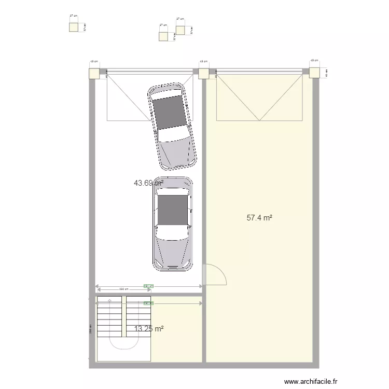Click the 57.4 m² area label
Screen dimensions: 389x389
(x=259, y=218)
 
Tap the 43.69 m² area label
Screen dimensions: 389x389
(x=149, y=183)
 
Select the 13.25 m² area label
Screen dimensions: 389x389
(x=149, y=329)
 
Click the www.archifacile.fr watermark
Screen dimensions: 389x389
(x=314, y=380)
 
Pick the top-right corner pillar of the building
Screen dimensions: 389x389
(x=314, y=73)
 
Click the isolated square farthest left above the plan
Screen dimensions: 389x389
(x=73, y=27)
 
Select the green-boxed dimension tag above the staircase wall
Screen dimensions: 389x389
(x=148, y=285)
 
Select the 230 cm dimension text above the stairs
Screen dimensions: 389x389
(x=123, y=289)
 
